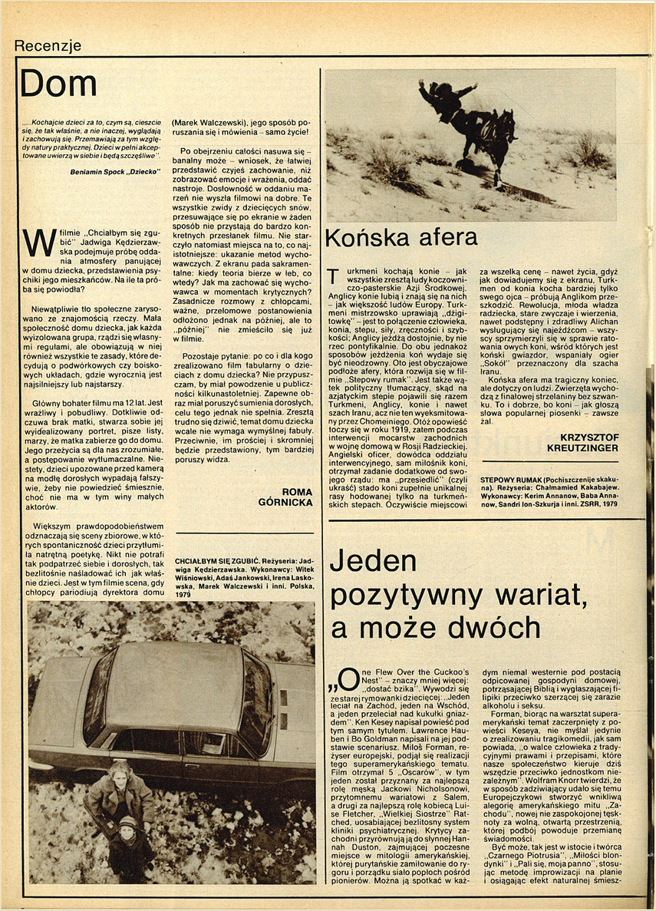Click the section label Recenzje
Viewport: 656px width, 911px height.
click(48, 45)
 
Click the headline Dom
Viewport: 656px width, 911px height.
click(58, 84)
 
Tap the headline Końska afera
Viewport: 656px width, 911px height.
click(401, 238)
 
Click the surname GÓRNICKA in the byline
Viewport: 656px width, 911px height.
click(286, 502)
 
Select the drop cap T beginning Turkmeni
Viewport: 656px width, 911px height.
click(332, 278)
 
